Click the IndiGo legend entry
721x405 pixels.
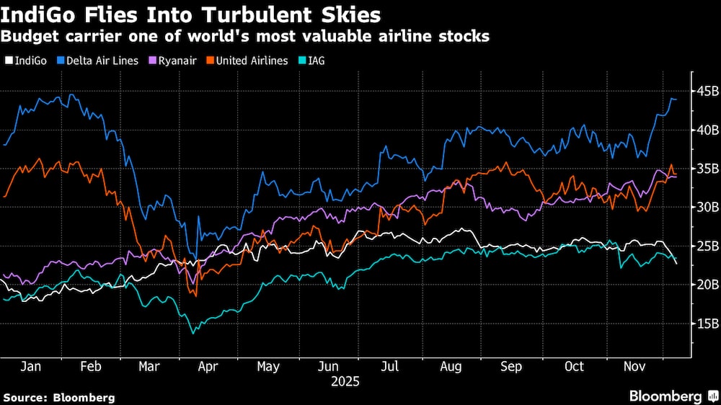[30, 61]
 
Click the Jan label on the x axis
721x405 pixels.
[30, 367]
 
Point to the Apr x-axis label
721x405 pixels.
[208, 367]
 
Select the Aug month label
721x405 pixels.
[451, 367]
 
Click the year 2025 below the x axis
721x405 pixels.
[344, 380]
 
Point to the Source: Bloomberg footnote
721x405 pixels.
[59, 397]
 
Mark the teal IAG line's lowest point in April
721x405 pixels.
[193, 333]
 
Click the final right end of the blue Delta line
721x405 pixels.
[676, 99]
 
